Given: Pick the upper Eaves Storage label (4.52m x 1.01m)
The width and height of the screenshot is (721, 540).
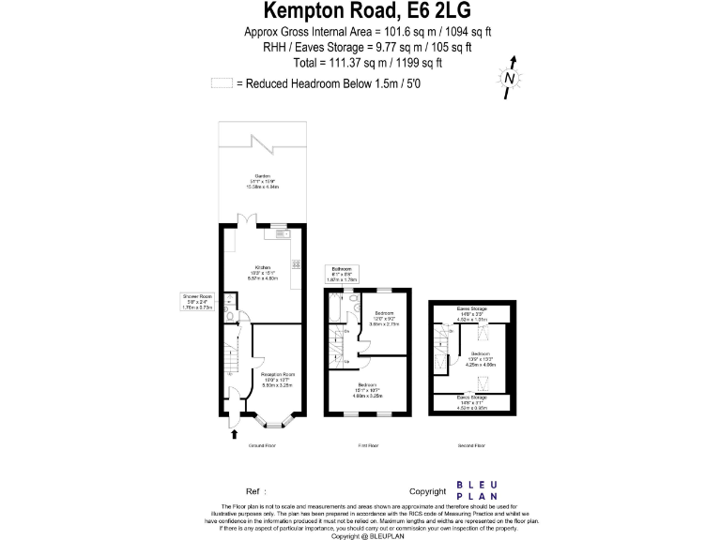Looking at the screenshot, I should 472,312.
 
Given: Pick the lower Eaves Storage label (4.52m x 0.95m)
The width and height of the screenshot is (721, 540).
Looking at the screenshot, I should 472,401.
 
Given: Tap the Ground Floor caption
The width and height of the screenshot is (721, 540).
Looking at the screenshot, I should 262,446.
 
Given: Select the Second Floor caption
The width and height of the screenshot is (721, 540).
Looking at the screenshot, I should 472,446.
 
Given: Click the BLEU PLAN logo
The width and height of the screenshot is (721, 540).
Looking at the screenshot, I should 477,490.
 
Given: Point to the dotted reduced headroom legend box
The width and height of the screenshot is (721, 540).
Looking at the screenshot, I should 222,82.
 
